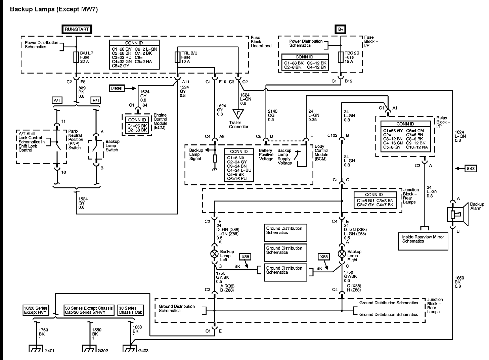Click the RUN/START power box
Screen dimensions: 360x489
coord(77,29)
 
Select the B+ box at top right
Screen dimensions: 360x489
coord(341,29)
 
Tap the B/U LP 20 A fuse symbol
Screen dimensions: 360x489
coord(77,57)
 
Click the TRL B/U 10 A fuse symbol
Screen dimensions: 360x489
coord(177,57)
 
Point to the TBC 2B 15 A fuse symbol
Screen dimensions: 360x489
coord(341,57)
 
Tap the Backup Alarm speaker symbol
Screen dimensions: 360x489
coord(457,214)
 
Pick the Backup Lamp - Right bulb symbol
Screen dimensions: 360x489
coord(342,254)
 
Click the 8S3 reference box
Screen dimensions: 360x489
coord(470,169)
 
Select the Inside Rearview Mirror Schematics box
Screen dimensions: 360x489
coord(423,241)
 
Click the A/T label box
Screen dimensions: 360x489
coord(56,100)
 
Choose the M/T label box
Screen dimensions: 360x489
coord(96,100)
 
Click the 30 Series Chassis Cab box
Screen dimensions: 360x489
coord(131,310)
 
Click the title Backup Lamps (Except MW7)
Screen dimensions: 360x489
coord(54,9)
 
